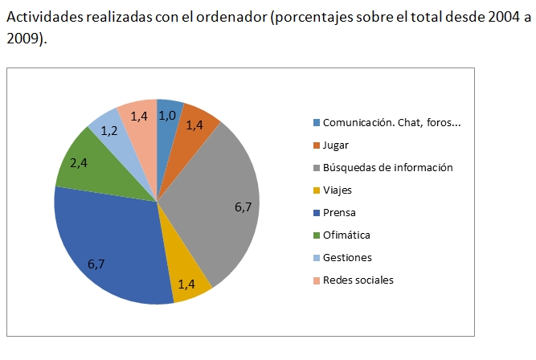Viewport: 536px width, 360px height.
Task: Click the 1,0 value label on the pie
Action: click(167, 116)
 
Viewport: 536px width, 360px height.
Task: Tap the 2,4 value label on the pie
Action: click(79, 163)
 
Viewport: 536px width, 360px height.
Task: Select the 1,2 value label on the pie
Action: click(109, 130)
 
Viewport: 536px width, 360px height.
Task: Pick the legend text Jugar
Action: click(336, 145)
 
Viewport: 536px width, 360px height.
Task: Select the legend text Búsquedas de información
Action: click(388, 168)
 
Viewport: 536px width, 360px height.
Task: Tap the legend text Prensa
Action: click(339, 213)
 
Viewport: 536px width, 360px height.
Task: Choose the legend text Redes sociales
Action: click(358, 280)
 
